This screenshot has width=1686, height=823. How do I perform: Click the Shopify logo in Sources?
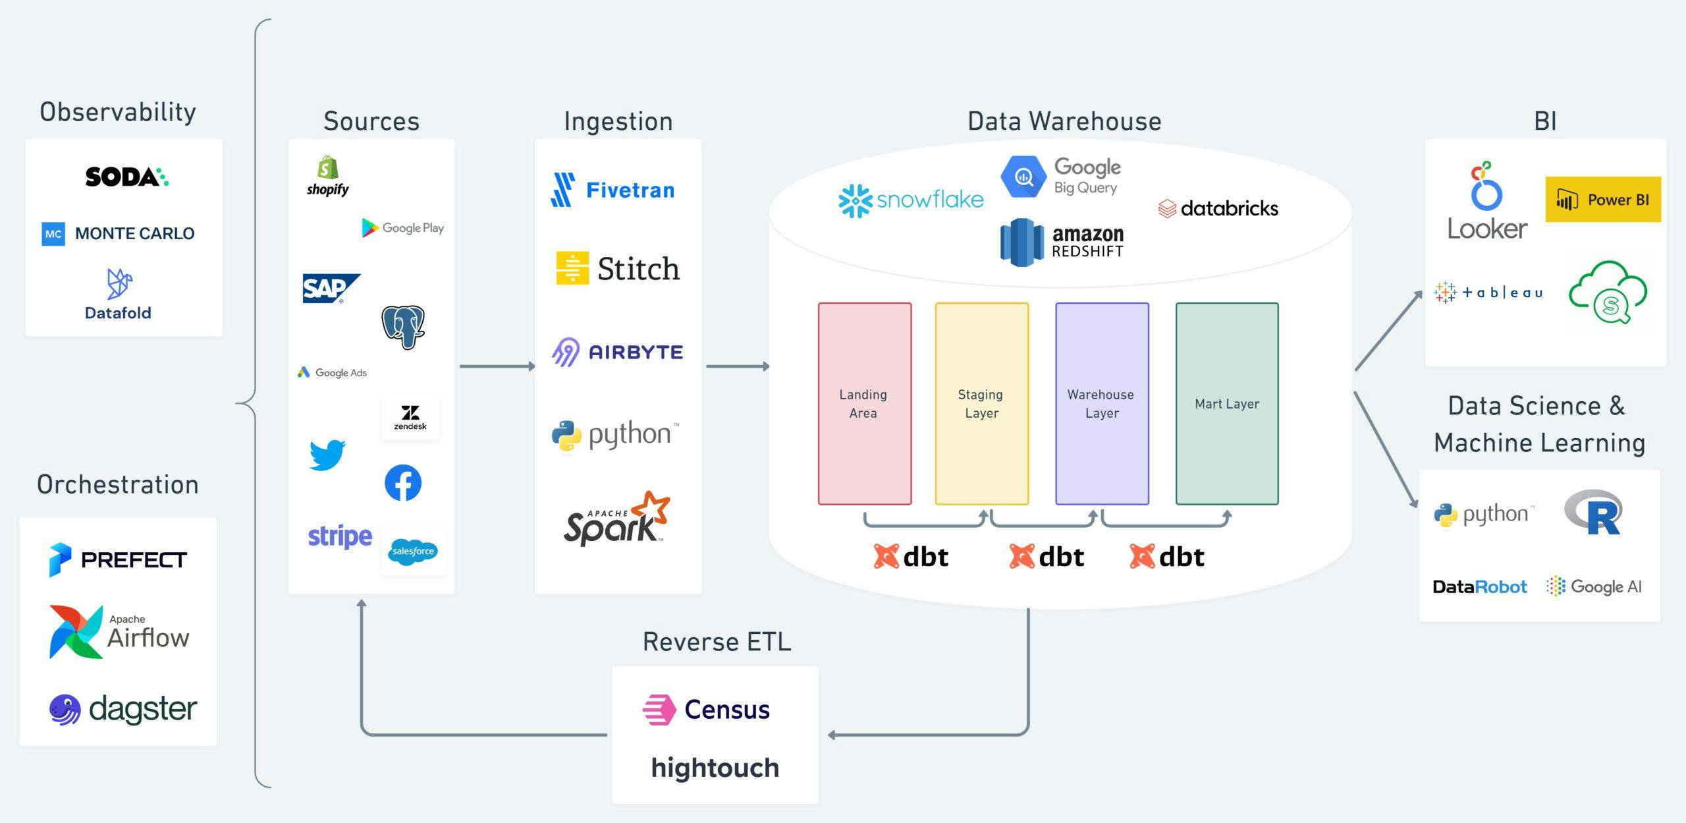[327, 176]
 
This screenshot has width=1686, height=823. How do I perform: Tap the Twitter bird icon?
[327, 455]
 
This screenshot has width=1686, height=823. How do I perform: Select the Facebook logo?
[403, 483]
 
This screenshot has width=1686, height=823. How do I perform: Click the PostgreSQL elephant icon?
[403, 327]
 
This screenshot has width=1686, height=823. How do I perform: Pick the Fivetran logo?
[612, 190]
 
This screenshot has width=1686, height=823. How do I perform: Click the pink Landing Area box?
[864, 404]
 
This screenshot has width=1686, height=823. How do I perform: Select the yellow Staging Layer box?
[981, 404]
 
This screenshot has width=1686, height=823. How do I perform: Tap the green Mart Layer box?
[1226, 404]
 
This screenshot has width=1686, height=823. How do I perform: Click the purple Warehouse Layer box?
[1102, 404]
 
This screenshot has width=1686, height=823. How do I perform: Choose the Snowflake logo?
[911, 200]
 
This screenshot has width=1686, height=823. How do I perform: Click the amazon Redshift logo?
[1062, 242]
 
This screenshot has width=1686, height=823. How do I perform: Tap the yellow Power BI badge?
[1602, 200]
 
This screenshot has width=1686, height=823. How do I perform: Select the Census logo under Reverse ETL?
[706, 710]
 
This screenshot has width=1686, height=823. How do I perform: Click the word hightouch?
[715, 768]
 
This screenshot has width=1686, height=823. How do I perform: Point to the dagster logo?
[123, 710]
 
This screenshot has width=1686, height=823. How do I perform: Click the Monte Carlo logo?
[119, 233]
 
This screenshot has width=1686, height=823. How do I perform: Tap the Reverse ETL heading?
[717, 642]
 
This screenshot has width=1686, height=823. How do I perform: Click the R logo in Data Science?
[1593, 512]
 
